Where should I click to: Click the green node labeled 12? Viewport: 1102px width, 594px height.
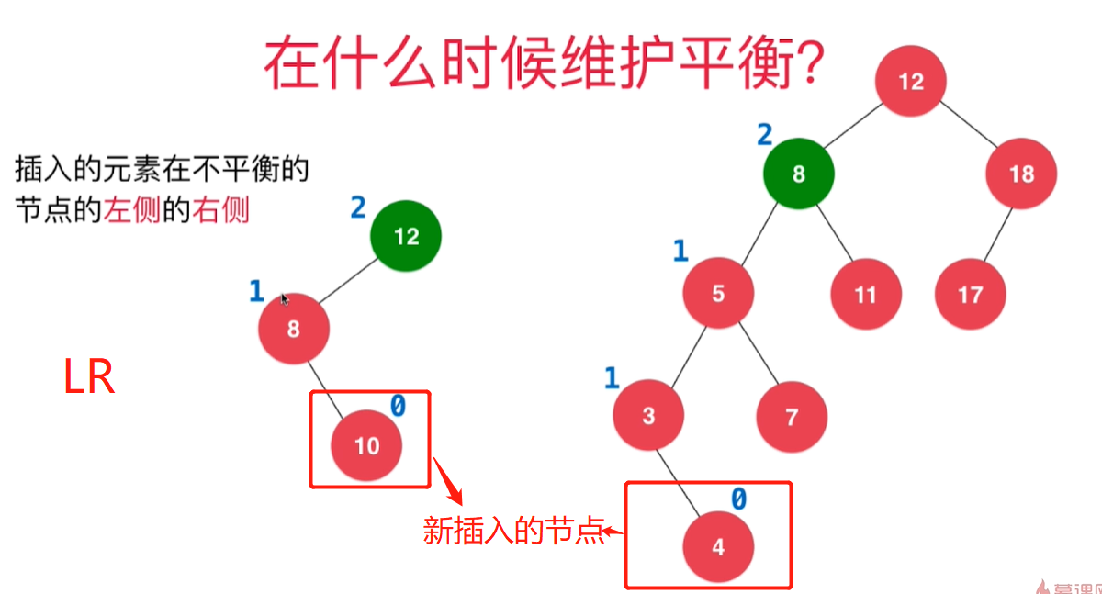click(406, 237)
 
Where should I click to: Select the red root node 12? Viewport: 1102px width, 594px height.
click(910, 82)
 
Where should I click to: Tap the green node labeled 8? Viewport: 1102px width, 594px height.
click(798, 174)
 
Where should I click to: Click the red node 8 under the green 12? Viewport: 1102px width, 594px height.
click(293, 329)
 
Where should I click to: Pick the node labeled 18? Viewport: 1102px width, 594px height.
click(1021, 174)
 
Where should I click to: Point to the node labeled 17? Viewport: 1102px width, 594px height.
click(971, 295)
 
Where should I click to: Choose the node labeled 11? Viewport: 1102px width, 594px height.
click(865, 295)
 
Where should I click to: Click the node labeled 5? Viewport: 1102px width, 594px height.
click(718, 293)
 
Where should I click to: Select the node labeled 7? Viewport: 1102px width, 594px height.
click(792, 416)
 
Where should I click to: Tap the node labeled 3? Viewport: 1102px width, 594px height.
click(648, 416)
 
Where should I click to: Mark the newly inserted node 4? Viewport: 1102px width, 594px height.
click(718, 547)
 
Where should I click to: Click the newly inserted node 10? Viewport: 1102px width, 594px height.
click(366, 446)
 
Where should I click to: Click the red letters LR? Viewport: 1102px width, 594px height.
click(89, 377)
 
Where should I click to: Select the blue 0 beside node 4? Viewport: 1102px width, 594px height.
click(738, 499)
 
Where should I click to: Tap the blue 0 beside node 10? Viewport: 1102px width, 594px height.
click(398, 406)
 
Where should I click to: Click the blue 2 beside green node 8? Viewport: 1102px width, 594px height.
click(764, 136)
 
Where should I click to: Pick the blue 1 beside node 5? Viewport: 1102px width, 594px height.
click(680, 251)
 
